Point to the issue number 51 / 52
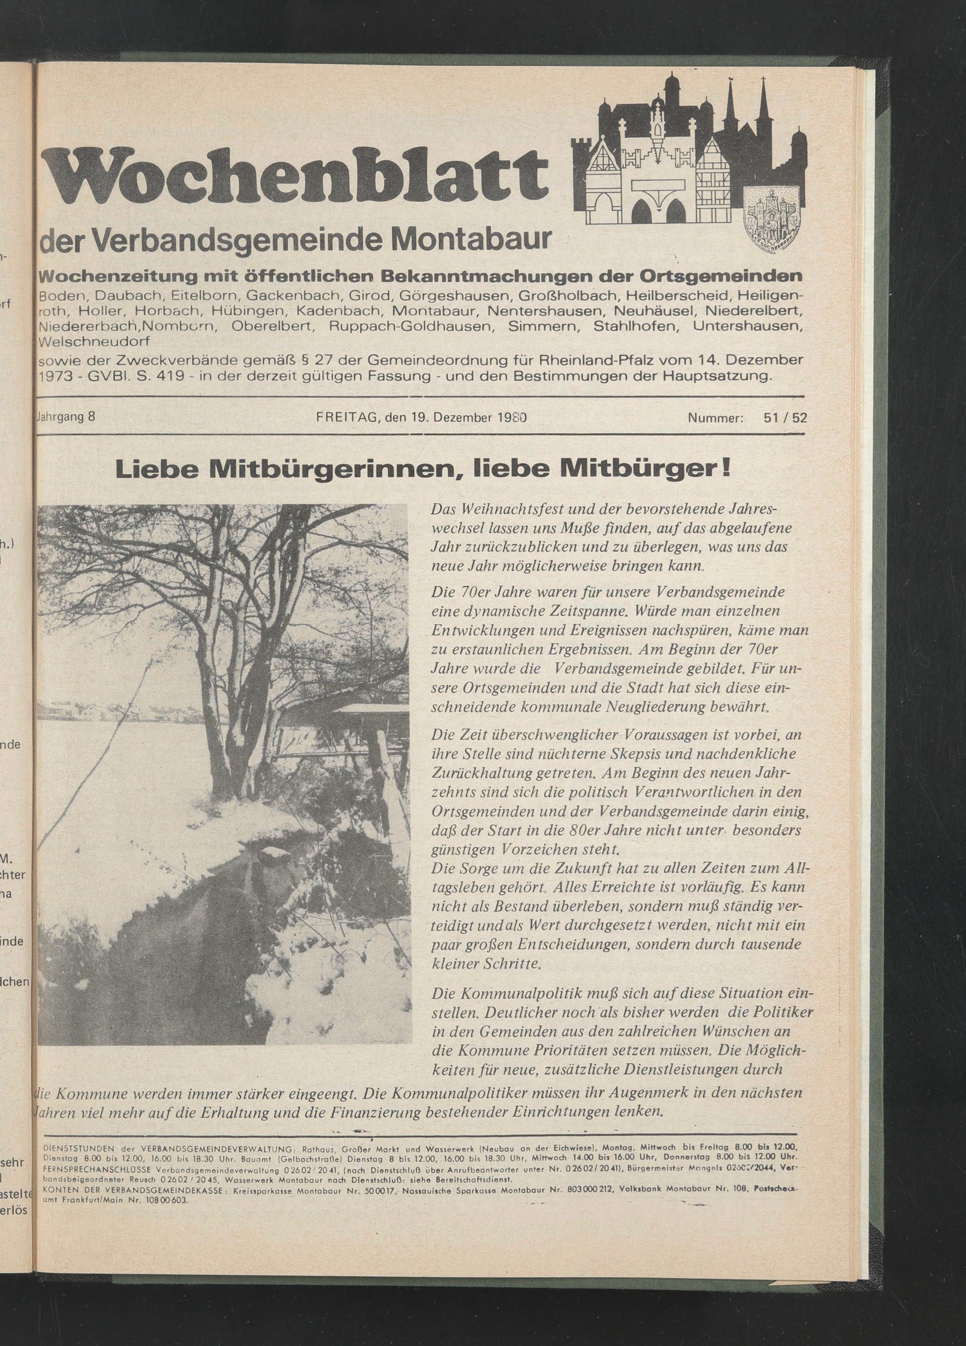coord(785,417)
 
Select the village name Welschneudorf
coord(94,342)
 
